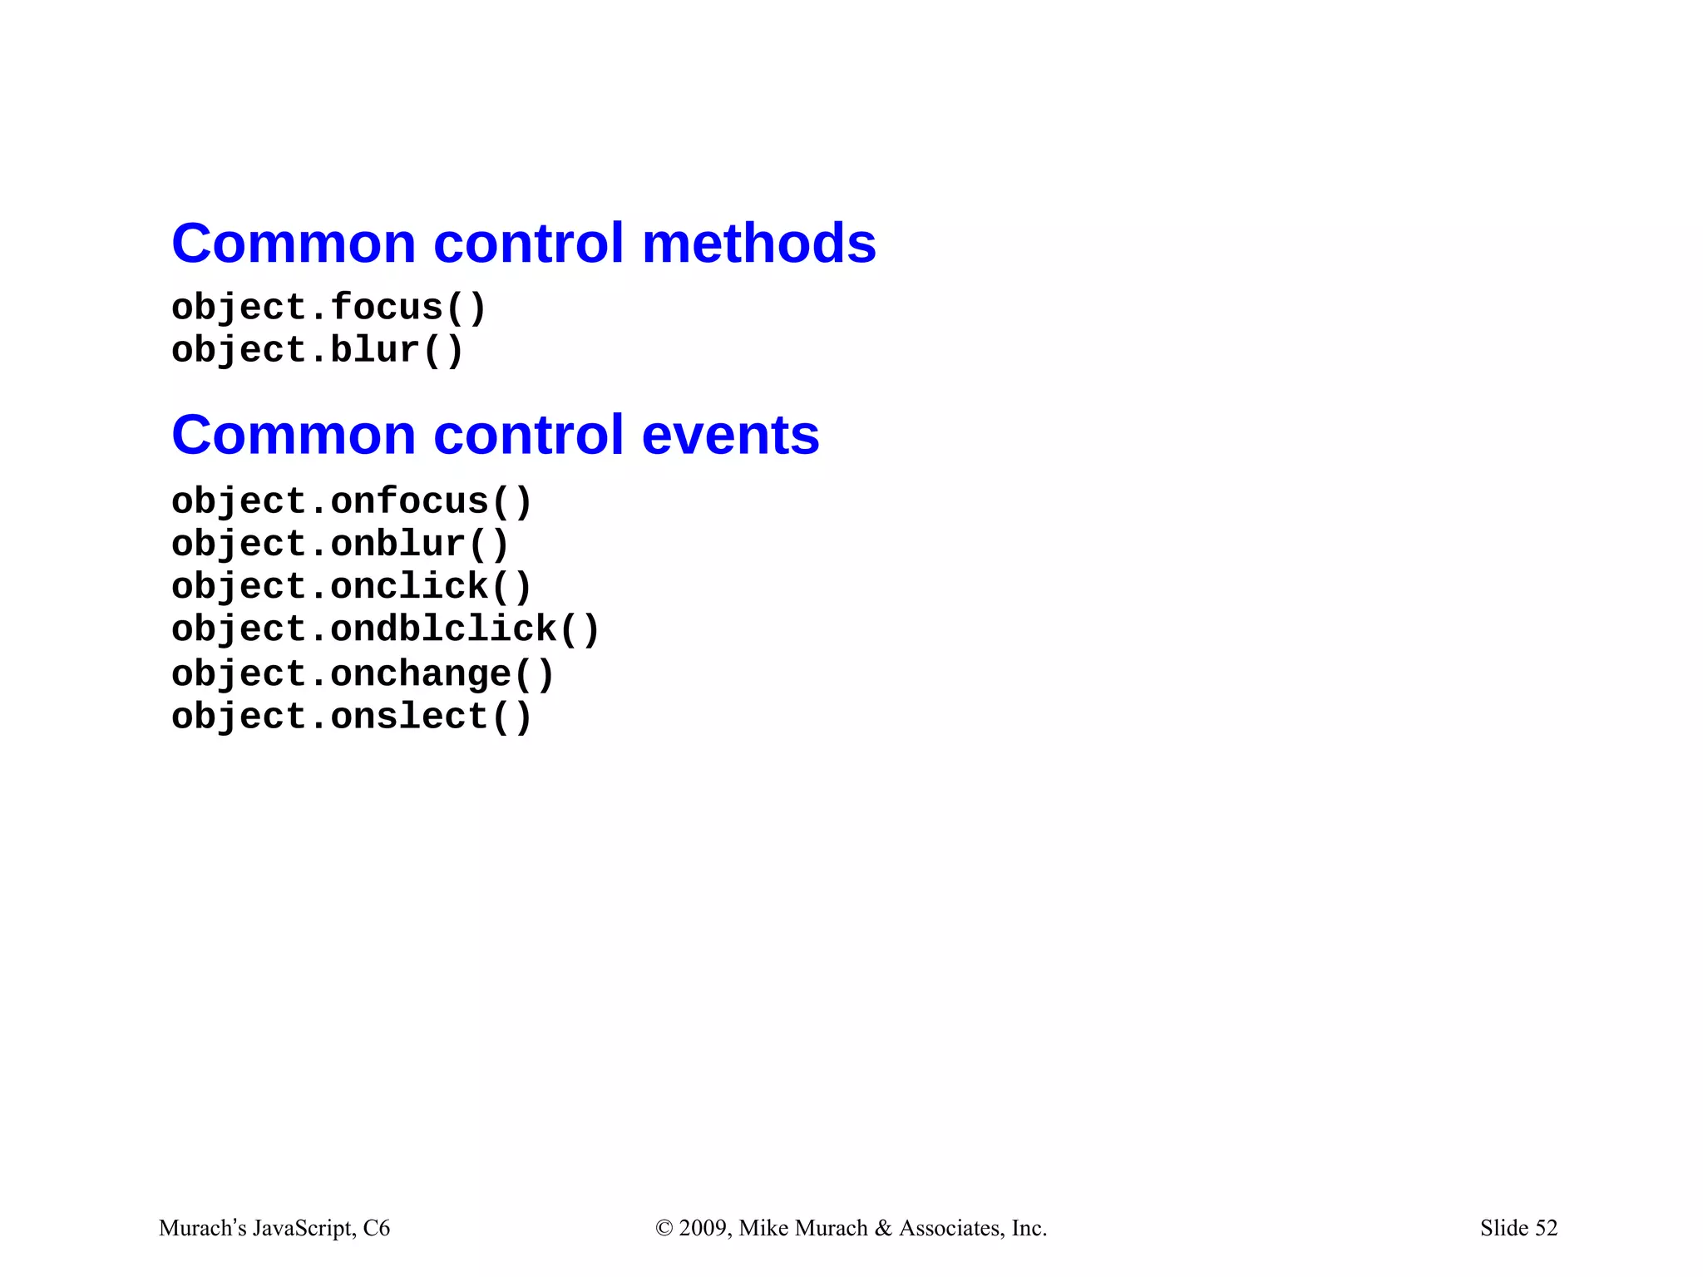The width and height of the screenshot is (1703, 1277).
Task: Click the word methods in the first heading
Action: click(x=759, y=244)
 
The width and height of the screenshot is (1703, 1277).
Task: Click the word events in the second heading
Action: click(x=730, y=435)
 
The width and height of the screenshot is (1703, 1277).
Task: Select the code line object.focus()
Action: click(x=328, y=308)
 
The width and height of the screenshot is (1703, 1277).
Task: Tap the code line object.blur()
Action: click(x=317, y=350)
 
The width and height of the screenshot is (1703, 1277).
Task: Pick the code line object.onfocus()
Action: click(x=351, y=502)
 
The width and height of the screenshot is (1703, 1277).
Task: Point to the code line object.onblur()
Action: click(x=339, y=545)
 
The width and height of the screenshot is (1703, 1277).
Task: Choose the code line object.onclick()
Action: click(x=351, y=587)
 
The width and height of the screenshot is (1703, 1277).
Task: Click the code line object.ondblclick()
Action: click(x=385, y=629)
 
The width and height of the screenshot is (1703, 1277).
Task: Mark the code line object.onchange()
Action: click(x=363, y=674)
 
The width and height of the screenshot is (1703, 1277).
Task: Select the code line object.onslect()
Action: click(x=351, y=717)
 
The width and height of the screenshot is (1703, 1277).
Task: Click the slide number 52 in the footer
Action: click(x=1546, y=1228)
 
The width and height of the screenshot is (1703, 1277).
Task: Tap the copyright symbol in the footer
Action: click(x=664, y=1228)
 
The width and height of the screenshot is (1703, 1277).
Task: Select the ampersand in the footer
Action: click(x=883, y=1228)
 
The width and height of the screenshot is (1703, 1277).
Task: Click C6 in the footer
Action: click(x=377, y=1228)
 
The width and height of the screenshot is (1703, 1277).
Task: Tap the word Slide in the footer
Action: click(x=1504, y=1228)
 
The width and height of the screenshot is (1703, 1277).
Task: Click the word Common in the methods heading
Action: click(x=294, y=244)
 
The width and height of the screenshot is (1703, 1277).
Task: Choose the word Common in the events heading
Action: click(x=294, y=435)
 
